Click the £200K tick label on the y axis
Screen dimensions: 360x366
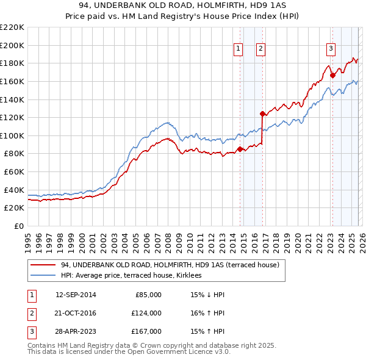click(x=12, y=45)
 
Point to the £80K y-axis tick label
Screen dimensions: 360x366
click(x=14, y=154)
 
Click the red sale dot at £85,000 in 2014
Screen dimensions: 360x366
click(x=240, y=149)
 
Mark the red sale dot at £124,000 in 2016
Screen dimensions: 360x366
click(x=262, y=113)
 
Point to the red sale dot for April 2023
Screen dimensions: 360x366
click(x=332, y=75)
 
